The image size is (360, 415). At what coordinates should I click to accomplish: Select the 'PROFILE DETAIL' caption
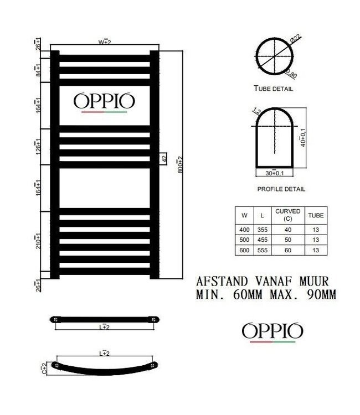[281, 189]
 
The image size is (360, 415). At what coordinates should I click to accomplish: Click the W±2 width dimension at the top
[105, 41]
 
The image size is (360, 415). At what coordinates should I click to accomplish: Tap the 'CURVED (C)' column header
[288, 215]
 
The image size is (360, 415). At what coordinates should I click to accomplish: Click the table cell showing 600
[244, 251]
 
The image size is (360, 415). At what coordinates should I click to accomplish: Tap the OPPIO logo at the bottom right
[272, 332]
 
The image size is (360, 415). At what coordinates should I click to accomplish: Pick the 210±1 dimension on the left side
[37, 242]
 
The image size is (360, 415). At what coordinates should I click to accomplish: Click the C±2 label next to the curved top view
[49, 367]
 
